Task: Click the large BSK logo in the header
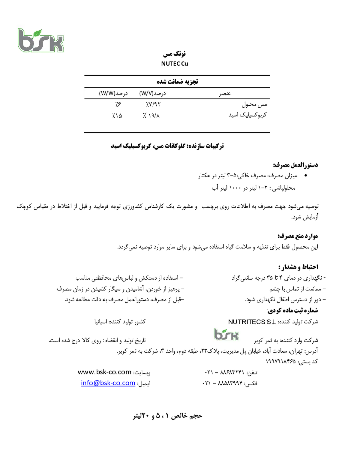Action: pyautogui.click(x=40, y=40)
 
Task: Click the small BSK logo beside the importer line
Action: pyautogui.click(x=226, y=334)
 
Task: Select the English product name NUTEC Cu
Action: pyautogui.click(x=175, y=64)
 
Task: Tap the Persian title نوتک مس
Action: pyautogui.click(x=174, y=54)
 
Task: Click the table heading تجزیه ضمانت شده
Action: pyautogui.click(x=177, y=82)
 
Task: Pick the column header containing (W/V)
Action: pyautogui.click(x=152, y=93)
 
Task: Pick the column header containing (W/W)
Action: pyautogui.click(x=113, y=93)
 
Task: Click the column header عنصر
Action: pyautogui.click(x=225, y=93)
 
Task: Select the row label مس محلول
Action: pyautogui.click(x=254, y=104)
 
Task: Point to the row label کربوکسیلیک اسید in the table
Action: pyautogui.click(x=247, y=115)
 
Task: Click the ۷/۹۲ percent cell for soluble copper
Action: pyautogui.click(x=153, y=104)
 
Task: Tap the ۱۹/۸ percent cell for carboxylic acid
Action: pyautogui.click(x=151, y=116)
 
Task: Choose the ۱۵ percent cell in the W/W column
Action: pyautogui.click(x=117, y=116)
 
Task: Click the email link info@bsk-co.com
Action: pyautogui.click(x=108, y=383)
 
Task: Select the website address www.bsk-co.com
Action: pyautogui.click(x=104, y=372)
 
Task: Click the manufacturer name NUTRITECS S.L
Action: pyautogui.click(x=252, y=322)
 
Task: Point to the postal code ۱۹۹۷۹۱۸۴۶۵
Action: pyautogui.click(x=280, y=361)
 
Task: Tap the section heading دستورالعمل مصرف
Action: pyautogui.click(x=295, y=165)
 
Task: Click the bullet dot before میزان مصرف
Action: pyautogui.click(x=305, y=176)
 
